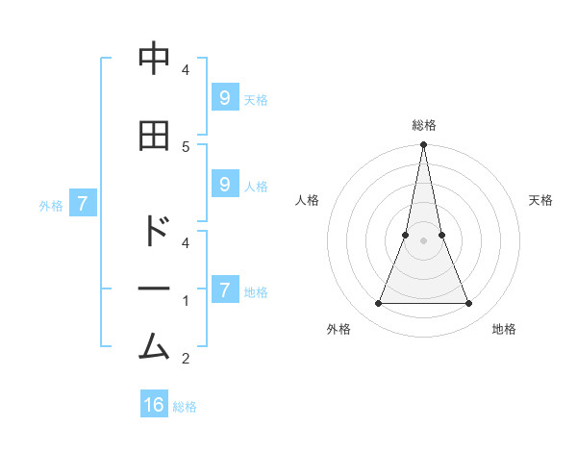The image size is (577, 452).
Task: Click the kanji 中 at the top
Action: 154,60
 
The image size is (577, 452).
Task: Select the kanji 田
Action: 154,136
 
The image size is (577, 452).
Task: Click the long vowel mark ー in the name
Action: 154,289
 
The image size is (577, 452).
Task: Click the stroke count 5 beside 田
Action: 186,146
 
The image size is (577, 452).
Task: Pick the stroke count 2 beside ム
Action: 186,359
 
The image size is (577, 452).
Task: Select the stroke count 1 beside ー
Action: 186,301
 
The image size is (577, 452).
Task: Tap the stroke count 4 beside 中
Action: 186,70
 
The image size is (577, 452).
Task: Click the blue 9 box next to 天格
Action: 224,98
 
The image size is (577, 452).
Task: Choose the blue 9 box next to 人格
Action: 224,185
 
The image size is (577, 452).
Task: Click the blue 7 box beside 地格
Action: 224,289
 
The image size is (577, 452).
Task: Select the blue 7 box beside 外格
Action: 83,204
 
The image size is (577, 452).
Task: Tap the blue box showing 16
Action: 154,405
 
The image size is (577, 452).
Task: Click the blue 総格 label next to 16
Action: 185,407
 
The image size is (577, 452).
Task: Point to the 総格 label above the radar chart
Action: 424,125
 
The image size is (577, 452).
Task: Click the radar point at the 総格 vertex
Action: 424,145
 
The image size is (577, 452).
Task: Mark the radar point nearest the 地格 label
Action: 469,304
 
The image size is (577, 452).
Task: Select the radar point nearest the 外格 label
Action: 378,304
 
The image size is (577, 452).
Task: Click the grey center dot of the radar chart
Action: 424,240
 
